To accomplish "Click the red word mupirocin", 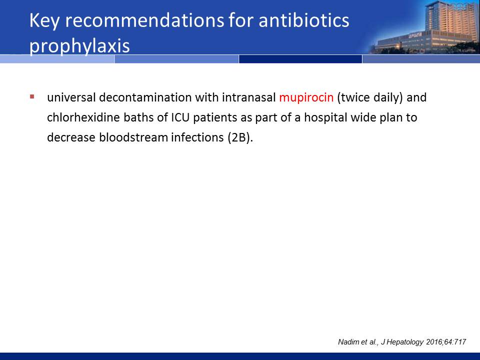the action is (x=306, y=97).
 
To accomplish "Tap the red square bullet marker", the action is (x=32, y=97).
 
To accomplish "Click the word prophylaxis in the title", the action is (x=79, y=46).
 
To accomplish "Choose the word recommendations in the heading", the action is (x=145, y=20).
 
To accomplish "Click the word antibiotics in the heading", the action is (x=303, y=20).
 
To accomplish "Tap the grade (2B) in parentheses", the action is (x=240, y=137).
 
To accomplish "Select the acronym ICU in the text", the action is (x=180, y=117).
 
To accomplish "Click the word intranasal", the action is (x=249, y=97).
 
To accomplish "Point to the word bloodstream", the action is (x=133, y=137).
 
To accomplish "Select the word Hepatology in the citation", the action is (x=405, y=342).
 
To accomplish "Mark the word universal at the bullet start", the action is (x=71, y=97).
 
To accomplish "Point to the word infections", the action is (x=197, y=137).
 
